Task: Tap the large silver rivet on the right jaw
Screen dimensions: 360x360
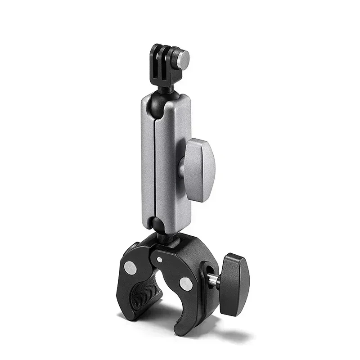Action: coord(184,283)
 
